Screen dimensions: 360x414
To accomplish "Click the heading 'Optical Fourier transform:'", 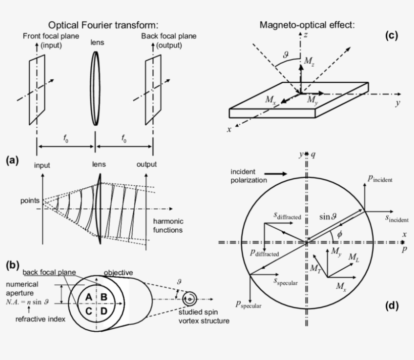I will (103, 25).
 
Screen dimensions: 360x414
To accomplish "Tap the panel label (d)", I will (391, 305).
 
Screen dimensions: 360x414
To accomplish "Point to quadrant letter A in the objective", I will (88, 296).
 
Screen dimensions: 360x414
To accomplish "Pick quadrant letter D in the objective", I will (103, 311).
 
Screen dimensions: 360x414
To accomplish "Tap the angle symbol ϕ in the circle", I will (339, 234).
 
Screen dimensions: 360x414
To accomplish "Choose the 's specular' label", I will (286, 281).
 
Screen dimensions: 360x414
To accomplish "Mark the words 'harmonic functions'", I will (168, 226).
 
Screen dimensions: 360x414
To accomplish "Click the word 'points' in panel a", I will (29, 200).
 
